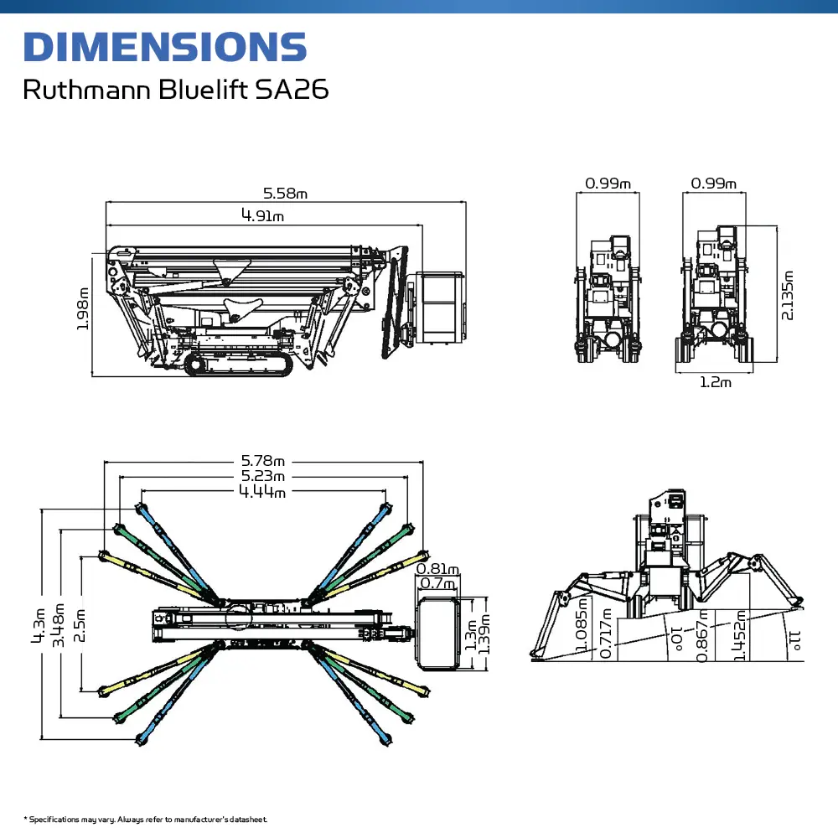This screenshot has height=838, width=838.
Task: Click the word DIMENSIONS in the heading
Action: pos(164,47)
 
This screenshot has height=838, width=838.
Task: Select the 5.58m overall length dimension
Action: pos(286,194)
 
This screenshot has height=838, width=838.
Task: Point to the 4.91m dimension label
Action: pos(262,216)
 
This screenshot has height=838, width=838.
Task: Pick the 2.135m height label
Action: pos(787,295)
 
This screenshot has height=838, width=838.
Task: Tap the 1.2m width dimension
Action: pos(715,383)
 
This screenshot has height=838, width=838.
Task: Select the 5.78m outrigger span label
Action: pos(263,460)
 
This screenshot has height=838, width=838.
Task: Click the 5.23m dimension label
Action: pos(263,477)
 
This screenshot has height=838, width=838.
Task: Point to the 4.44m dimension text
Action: pos(262,492)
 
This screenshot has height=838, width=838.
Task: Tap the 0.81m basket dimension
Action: pos(437,569)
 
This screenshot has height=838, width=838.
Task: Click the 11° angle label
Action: pos(794,641)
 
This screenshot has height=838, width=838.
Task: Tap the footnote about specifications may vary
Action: pos(146,819)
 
